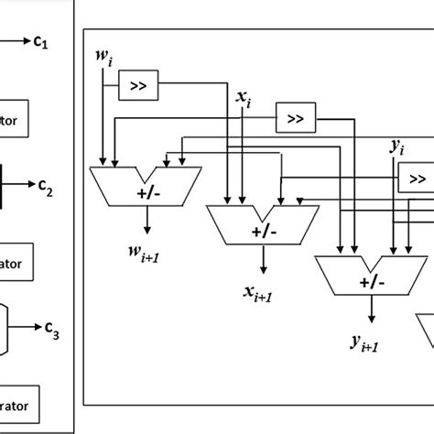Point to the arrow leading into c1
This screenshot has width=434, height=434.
click(17, 39)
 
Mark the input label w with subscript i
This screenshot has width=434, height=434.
click(103, 59)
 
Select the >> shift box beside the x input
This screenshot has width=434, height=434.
click(294, 119)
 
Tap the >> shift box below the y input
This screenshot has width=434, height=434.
click(416, 177)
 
